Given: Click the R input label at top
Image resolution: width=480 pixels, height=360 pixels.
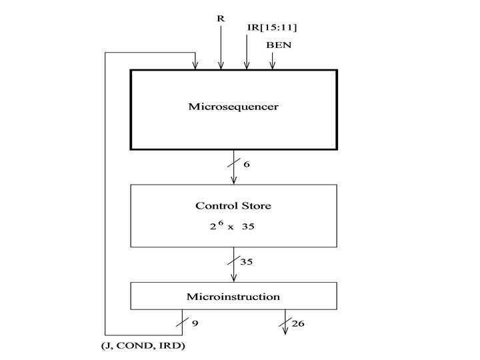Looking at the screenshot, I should [221, 18].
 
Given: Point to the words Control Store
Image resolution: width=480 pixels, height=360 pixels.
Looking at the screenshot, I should [233, 206].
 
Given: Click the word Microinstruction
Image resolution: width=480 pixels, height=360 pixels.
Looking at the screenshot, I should [233, 296].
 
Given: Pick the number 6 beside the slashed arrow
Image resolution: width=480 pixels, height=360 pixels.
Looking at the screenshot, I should [247, 164].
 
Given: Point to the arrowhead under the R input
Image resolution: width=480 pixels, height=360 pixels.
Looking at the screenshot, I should [221, 65].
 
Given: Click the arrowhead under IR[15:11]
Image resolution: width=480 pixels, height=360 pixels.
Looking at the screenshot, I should [247, 65].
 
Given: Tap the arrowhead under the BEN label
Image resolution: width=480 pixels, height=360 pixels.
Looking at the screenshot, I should [272, 65].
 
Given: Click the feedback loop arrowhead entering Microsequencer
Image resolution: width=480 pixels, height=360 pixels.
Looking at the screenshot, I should [195, 65].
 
